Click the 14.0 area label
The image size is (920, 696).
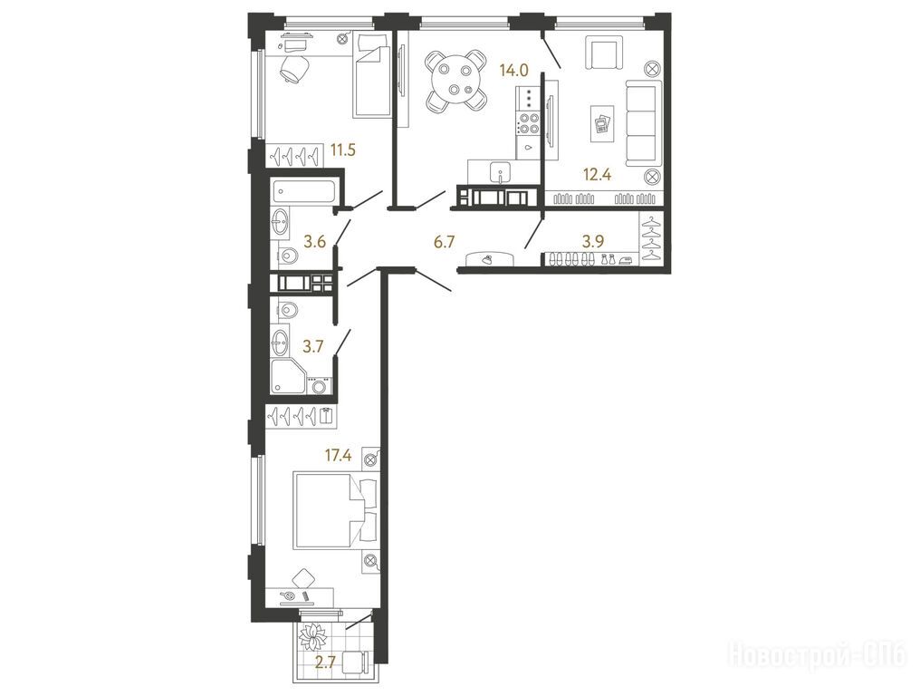513,71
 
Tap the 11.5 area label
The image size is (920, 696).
342,150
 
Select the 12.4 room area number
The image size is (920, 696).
598,174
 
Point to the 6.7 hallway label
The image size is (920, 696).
444,241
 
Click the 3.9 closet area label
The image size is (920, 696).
593,241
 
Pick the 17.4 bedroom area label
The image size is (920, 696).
338,454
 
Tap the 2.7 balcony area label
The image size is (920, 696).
325,663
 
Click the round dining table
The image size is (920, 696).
456,81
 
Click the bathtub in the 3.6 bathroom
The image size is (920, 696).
303,192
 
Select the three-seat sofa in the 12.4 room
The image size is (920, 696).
643,125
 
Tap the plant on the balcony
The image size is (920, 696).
313,636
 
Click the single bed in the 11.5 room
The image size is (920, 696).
372,74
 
